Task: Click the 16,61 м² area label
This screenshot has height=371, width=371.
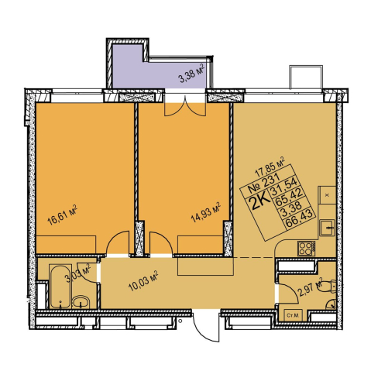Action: [x=63, y=215]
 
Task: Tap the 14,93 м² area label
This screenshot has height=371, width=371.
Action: [x=206, y=212]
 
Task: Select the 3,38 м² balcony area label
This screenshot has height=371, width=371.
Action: [x=192, y=74]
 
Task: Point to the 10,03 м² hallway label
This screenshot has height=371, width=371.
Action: [x=143, y=281]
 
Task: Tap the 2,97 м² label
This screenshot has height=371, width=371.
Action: [x=311, y=287]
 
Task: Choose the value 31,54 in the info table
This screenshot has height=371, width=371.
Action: [x=283, y=186]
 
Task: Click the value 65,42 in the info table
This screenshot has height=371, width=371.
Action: [x=289, y=198]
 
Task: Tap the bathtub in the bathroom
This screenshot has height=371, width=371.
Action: [x=60, y=287]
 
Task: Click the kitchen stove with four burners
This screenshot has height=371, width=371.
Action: [x=306, y=249]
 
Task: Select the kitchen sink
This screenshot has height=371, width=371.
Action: [x=327, y=228]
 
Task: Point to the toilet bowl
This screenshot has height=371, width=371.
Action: [x=326, y=286]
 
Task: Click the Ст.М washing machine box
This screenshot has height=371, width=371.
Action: [x=293, y=315]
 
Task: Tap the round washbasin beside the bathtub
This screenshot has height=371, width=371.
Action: [x=81, y=302]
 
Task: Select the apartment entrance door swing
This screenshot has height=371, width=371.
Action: [x=206, y=326]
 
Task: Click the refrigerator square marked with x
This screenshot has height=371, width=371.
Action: [x=327, y=195]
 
